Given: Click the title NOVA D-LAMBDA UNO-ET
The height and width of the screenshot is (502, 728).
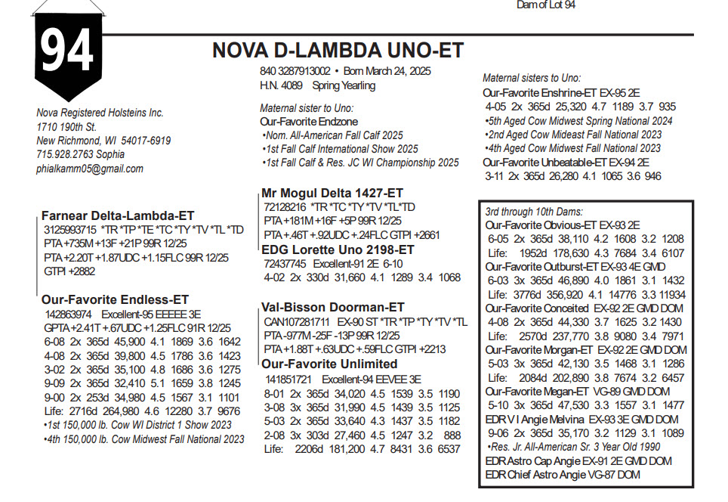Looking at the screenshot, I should (338, 51).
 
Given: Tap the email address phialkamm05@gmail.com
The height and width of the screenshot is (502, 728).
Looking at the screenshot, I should (90, 169).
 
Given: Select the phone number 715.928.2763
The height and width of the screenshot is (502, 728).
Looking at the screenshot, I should (64, 154).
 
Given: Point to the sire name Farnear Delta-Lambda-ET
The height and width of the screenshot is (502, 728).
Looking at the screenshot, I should (118, 215).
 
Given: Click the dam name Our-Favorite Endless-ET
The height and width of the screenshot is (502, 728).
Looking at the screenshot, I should (115, 299).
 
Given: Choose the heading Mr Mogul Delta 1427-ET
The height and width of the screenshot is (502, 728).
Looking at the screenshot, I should (332, 193).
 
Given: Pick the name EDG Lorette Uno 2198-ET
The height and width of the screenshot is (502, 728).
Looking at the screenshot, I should (338, 249).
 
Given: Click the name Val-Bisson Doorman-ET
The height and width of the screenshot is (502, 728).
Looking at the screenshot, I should (332, 307).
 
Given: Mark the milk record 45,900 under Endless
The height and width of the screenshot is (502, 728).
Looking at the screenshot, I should (130, 341).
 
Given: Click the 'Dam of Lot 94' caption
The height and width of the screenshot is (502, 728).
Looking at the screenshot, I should (546, 5).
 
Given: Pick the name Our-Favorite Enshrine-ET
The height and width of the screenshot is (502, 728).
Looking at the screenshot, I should (539, 92).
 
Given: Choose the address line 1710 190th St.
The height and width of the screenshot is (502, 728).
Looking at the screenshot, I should (66, 127).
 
